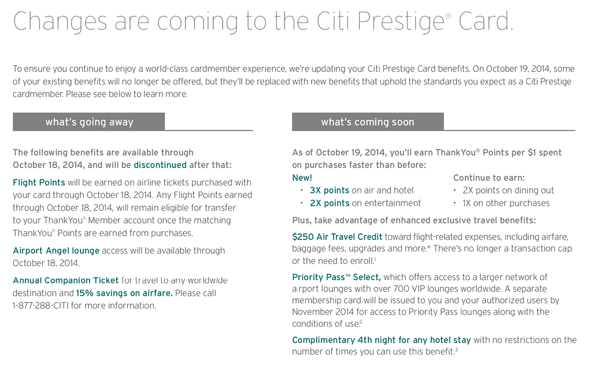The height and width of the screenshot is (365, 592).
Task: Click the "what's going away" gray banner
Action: pos(89,122)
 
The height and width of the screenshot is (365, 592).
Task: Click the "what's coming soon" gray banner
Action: pos(368,122)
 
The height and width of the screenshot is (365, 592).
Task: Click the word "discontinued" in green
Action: pos(160,165)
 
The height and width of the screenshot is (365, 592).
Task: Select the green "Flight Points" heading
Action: pos(39,182)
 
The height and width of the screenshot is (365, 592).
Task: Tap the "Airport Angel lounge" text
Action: pos(56,251)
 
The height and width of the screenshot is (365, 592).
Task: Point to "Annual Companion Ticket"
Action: pos(65,281)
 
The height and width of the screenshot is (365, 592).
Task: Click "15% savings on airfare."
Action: pos(124,293)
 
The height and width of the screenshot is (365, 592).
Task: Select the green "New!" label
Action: pos(302,178)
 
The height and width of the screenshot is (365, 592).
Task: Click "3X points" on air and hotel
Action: pos(330,191)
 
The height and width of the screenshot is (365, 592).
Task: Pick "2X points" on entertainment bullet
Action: pos(330,203)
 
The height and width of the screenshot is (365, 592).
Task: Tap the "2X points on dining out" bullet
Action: pos(508,191)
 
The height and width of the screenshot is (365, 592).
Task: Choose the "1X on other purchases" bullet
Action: pos(505,203)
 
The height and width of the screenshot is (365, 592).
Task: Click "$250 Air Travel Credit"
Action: pos(337,236)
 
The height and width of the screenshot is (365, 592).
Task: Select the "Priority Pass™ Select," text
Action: pos(336,277)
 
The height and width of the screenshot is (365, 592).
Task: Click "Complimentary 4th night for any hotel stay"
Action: pos(382,340)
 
